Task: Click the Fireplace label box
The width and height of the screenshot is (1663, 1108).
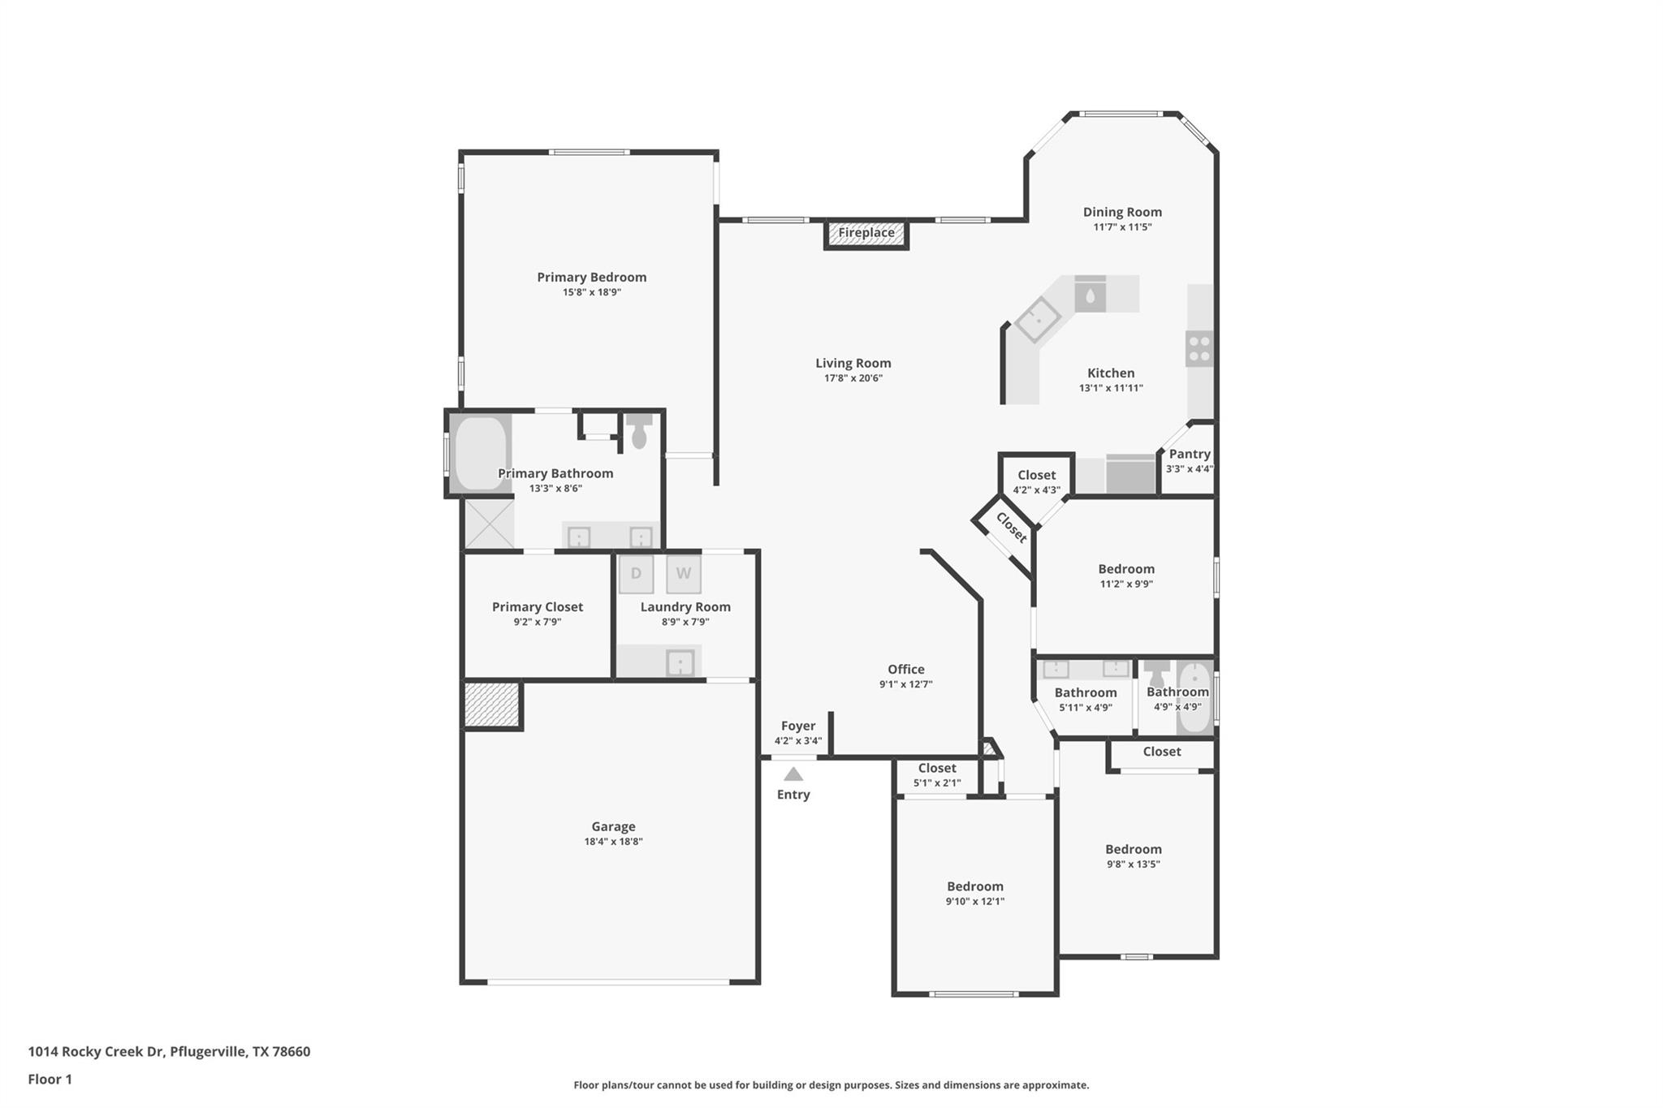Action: [866, 234]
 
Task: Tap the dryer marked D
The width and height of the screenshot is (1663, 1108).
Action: [636, 574]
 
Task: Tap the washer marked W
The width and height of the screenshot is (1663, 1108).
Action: [684, 574]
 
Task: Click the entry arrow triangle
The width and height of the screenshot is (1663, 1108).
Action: [793, 774]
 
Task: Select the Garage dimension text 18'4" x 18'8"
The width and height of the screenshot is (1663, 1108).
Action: [613, 842]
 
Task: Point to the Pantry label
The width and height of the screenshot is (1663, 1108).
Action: [1190, 454]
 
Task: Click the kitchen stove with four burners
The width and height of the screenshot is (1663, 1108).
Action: [1199, 349]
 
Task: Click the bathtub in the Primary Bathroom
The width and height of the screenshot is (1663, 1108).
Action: [480, 454]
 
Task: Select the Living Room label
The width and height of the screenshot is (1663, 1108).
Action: [853, 363]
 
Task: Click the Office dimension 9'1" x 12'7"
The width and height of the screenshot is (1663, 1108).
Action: [905, 684]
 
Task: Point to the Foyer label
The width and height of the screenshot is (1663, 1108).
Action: [797, 726]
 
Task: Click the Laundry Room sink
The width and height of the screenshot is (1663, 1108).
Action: [680, 663]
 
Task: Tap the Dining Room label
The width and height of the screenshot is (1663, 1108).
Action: [1121, 212]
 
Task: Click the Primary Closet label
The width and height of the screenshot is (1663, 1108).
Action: [537, 606]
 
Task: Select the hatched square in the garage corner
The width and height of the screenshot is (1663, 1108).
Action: [491, 704]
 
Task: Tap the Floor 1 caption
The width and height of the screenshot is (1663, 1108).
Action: [50, 1079]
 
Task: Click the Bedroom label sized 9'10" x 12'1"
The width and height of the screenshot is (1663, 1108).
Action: [974, 886]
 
